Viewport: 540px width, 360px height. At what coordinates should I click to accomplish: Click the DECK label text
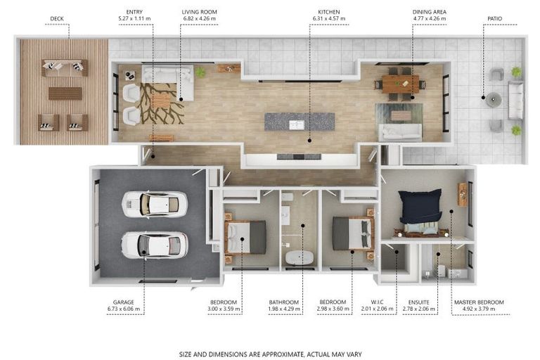click(x=57, y=18)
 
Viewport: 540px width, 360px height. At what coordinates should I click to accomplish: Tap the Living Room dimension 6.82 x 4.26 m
click(x=200, y=18)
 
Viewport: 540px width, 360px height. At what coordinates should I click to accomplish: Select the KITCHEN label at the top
click(x=329, y=12)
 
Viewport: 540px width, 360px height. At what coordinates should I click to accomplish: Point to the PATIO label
click(x=494, y=18)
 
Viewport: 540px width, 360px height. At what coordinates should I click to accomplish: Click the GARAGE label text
click(x=124, y=302)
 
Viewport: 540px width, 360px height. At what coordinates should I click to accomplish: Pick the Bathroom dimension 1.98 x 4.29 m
click(x=284, y=309)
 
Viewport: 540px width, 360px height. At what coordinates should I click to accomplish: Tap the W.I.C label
click(x=377, y=302)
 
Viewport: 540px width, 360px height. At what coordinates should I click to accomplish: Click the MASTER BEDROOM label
click(x=479, y=302)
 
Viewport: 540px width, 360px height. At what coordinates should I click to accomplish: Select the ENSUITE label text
click(x=419, y=302)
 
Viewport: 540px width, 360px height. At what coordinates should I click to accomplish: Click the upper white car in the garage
click(x=155, y=205)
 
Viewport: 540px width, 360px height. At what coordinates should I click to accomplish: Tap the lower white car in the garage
click(x=155, y=245)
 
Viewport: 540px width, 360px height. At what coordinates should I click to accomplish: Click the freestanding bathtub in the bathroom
click(x=300, y=257)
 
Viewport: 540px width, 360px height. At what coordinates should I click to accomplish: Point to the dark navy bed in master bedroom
click(x=420, y=206)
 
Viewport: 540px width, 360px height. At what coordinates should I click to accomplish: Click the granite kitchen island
click(x=300, y=122)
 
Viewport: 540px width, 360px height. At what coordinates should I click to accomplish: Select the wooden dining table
click(x=401, y=84)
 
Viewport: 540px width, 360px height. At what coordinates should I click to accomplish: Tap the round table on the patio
click(x=493, y=99)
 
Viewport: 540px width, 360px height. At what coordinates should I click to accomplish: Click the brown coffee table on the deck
click(x=65, y=94)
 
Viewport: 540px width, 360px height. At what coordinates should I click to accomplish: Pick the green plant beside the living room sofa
click(x=200, y=72)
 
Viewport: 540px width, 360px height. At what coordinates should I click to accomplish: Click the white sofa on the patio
click(x=515, y=101)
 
